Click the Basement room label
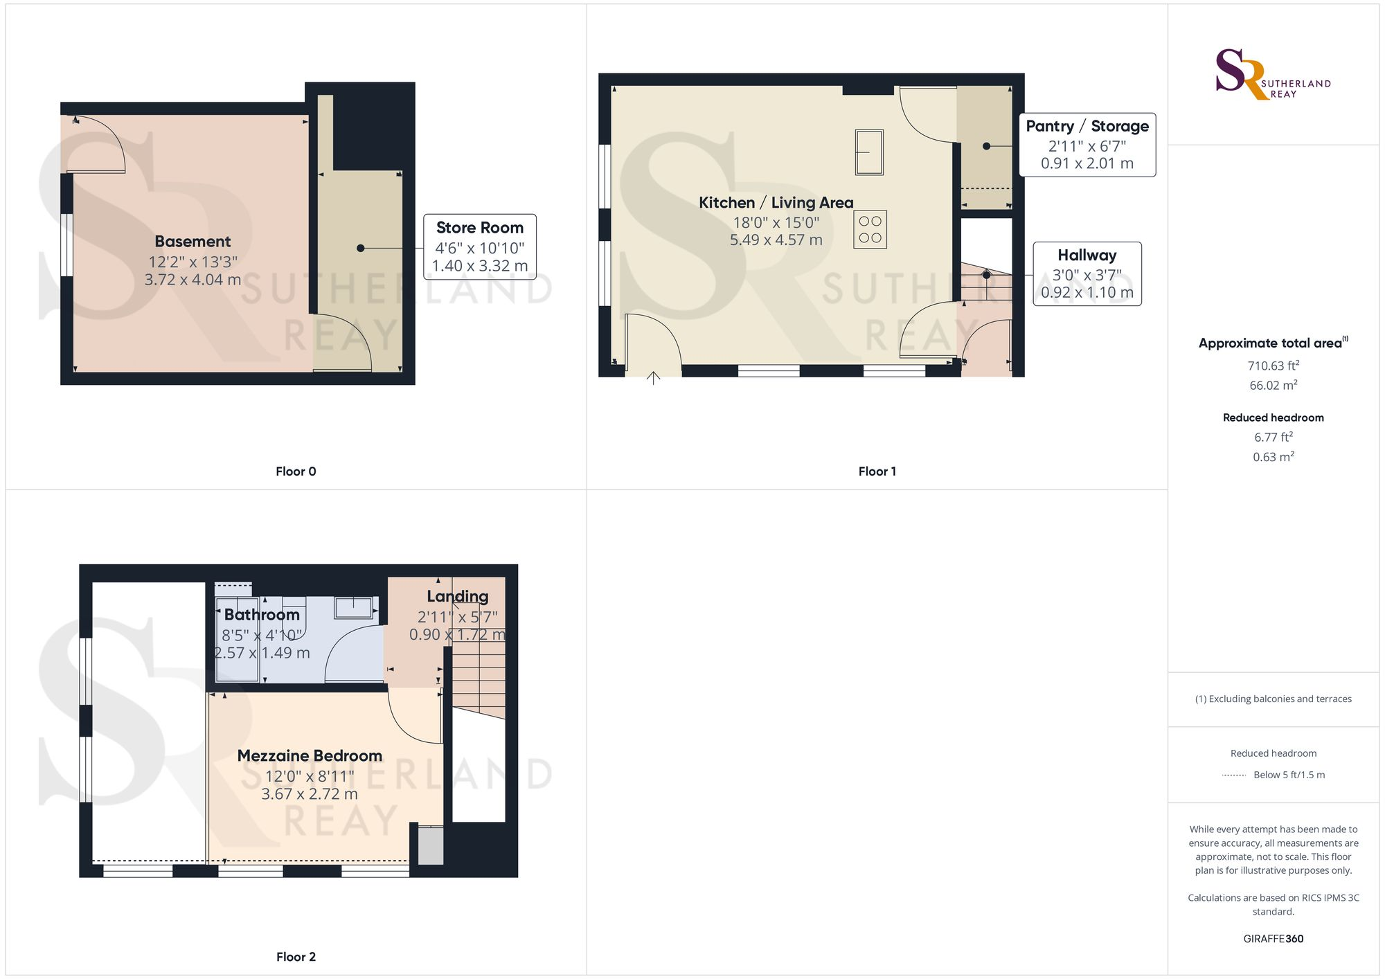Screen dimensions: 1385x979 tap(193, 242)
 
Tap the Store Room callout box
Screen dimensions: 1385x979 tap(480, 246)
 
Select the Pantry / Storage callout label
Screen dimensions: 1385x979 tap(1087, 126)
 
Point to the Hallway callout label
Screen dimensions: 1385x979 tap(1087, 255)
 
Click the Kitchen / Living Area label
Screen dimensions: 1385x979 tap(776, 203)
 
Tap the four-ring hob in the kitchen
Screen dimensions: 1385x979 tap(870, 230)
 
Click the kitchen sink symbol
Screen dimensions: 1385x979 tap(869, 152)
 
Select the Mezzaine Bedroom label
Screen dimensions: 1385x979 tap(310, 756)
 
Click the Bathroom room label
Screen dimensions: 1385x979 tap(262, 615)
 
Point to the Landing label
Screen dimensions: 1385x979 tap(458, 596)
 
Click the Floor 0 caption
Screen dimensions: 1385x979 tap(296, 471)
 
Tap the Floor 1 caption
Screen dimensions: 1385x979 tap(877, 471)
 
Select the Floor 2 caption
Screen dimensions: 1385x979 tap(296, 957)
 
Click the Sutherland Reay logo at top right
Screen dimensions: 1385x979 tap(1273, 74)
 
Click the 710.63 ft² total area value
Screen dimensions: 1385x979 tap(1274, 366)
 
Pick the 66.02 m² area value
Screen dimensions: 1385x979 tap(1274, 385)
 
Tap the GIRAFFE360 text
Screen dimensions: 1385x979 tap(1274, 939)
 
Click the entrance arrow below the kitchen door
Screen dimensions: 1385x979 tap(653, 378)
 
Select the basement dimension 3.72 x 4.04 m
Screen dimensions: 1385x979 tap(193, 280)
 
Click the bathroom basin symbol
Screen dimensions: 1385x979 tap(354, 607)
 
